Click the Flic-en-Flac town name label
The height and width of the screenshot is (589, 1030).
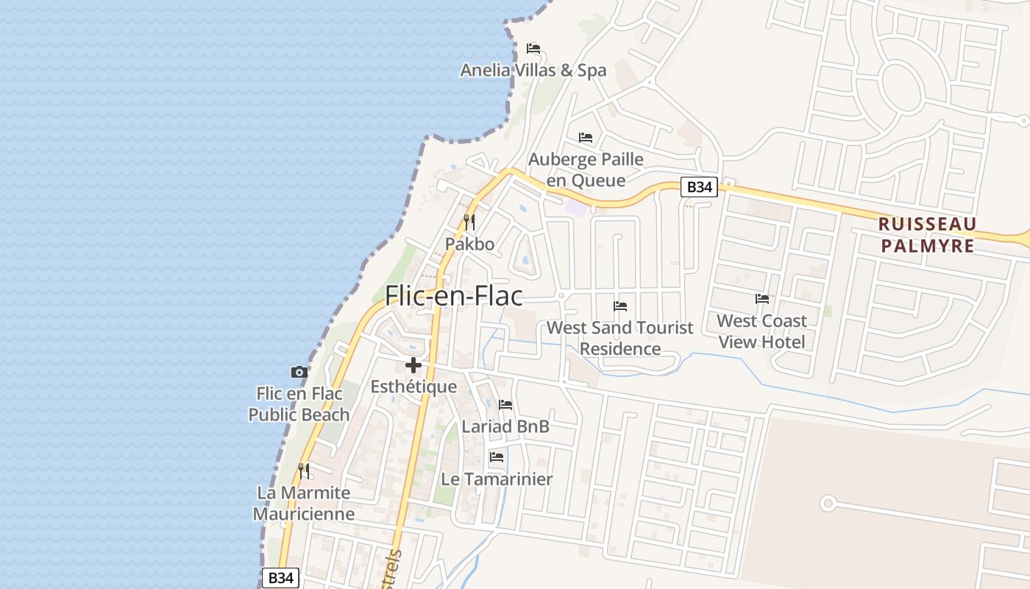pos(454,296)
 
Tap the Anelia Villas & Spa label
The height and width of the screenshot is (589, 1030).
pos(533,71)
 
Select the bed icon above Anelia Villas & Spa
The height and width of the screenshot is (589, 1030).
pos(533,49)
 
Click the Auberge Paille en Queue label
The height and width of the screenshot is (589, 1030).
pos(586,170)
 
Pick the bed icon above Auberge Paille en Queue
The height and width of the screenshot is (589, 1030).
pos(586,138)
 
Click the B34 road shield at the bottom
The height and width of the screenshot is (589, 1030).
pos(280,578)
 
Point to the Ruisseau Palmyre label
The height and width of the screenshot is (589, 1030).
pos(927,235)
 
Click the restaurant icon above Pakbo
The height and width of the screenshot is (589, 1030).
pos(469,222)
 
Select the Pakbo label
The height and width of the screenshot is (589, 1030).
pos(469,244)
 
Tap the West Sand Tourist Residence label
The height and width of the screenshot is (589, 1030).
pos(620,338)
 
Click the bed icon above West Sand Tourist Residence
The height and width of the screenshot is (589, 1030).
pos(620,306)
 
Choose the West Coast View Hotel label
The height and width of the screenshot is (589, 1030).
pos(761,331)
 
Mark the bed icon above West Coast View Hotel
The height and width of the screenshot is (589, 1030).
pos(762,299)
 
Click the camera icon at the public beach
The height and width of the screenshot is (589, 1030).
pos(299,372)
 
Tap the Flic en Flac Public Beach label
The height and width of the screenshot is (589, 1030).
pos(299,404)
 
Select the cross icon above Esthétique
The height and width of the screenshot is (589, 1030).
pos(413,364)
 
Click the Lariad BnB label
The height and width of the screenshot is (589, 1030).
pos(505,426)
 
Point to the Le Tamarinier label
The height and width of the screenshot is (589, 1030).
pos(497,479)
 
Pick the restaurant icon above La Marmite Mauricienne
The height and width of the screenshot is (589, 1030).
pos(303,470)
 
